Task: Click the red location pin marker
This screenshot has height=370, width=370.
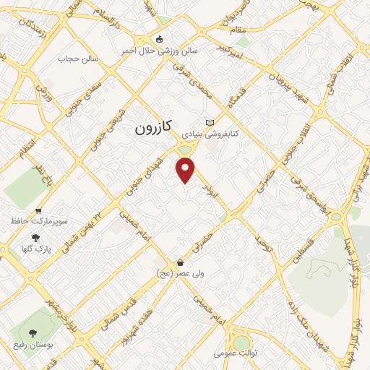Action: [x=186, y=169]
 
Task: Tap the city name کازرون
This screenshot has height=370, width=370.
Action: [x=153, y=128]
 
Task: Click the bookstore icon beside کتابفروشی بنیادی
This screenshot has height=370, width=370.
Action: [x=210, y=122]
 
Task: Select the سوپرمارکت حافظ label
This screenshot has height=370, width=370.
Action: [x=38, y=218]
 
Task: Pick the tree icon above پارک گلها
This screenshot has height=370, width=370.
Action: [x=35, y=237]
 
